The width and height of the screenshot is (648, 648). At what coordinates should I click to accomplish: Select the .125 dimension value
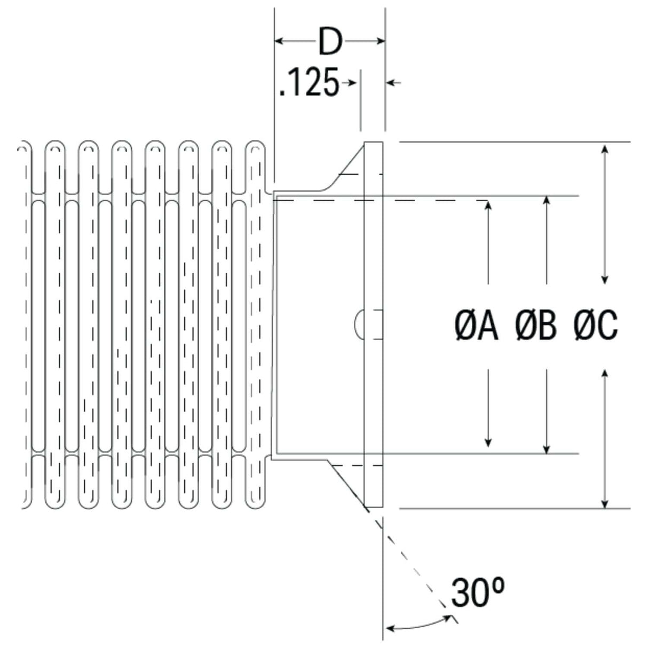tap(310, 83)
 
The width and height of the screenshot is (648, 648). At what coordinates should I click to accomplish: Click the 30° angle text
tap(477, 592)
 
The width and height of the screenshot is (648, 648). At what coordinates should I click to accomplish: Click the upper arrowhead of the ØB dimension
tap(546, 202)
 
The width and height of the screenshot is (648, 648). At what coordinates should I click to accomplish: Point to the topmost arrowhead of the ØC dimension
tap(604, 149)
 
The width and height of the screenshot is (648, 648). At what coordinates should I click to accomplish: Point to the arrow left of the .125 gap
tap(350, 82)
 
